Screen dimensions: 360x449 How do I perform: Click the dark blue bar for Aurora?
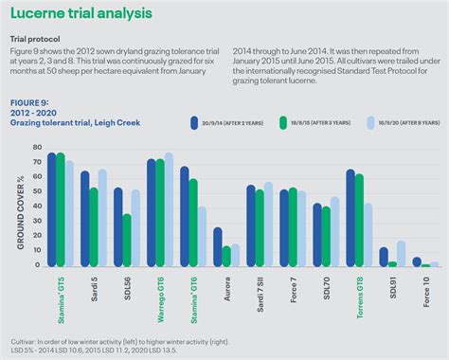(217, 247)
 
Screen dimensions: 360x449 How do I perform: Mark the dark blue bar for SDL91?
(384, 258)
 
